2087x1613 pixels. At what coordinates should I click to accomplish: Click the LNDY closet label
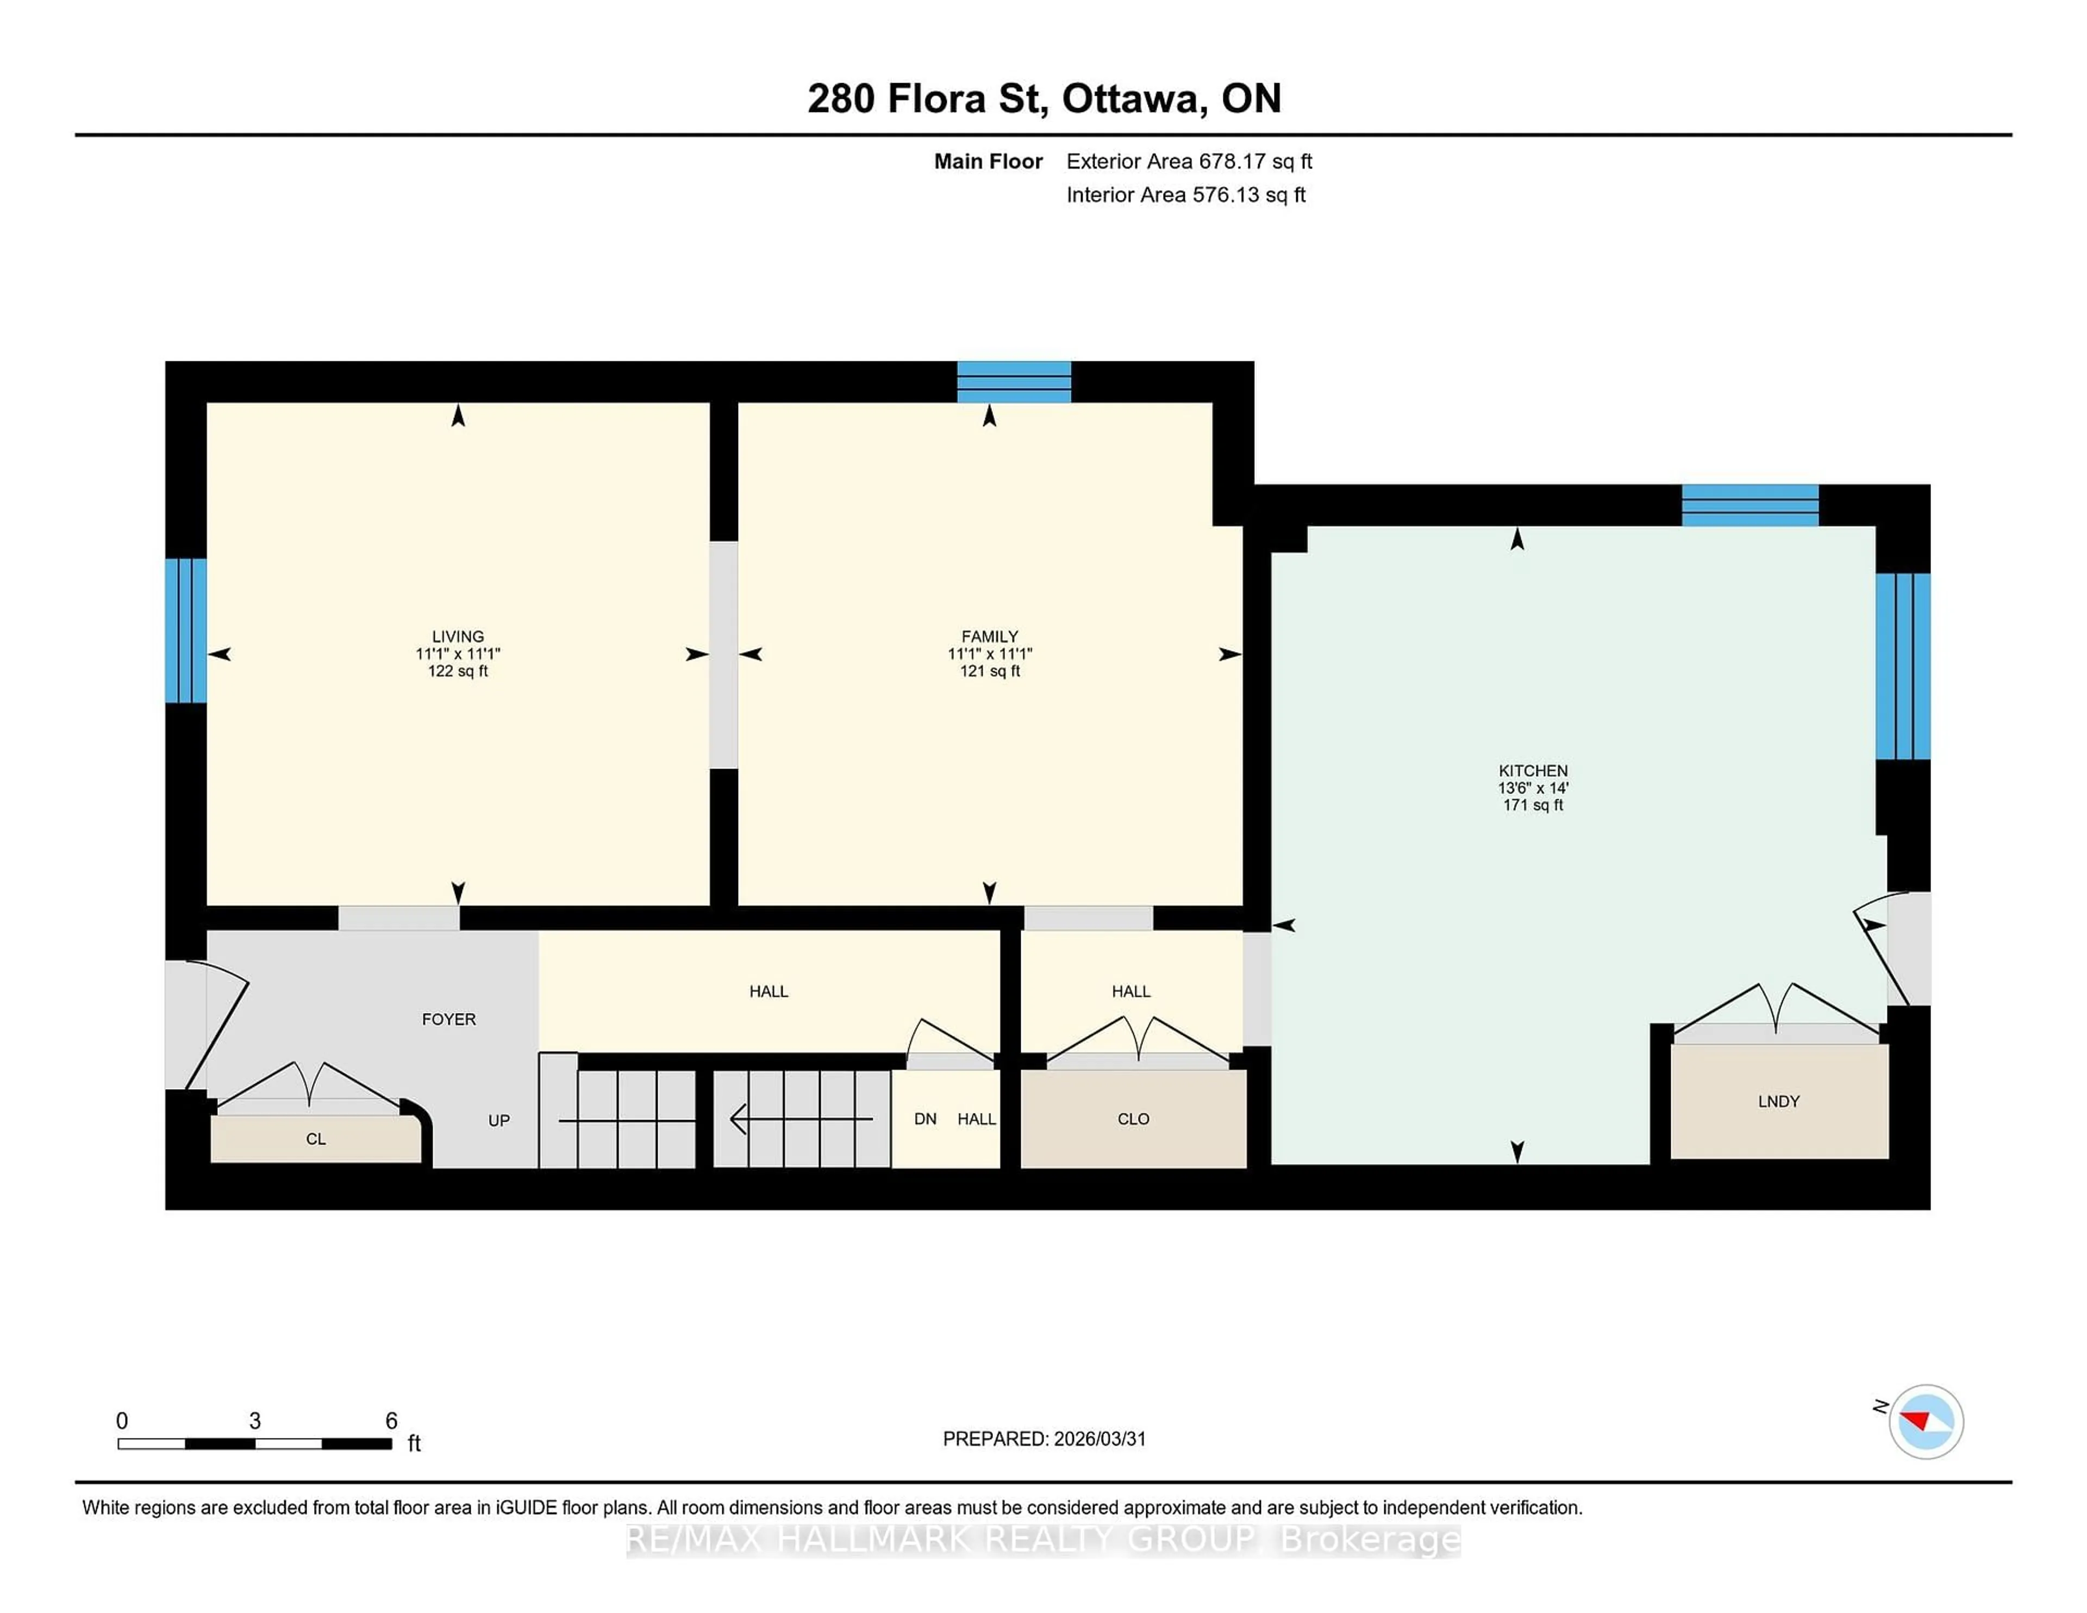[x=1778, y=1102]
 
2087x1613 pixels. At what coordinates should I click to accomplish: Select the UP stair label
[x=499, y=1121]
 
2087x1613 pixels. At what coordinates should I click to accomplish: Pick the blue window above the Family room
[x=1014, y=382]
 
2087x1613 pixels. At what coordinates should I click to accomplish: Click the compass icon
[x=1926, y=1422]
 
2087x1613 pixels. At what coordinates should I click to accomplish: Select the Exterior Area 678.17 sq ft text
[x=1189, y=161]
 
